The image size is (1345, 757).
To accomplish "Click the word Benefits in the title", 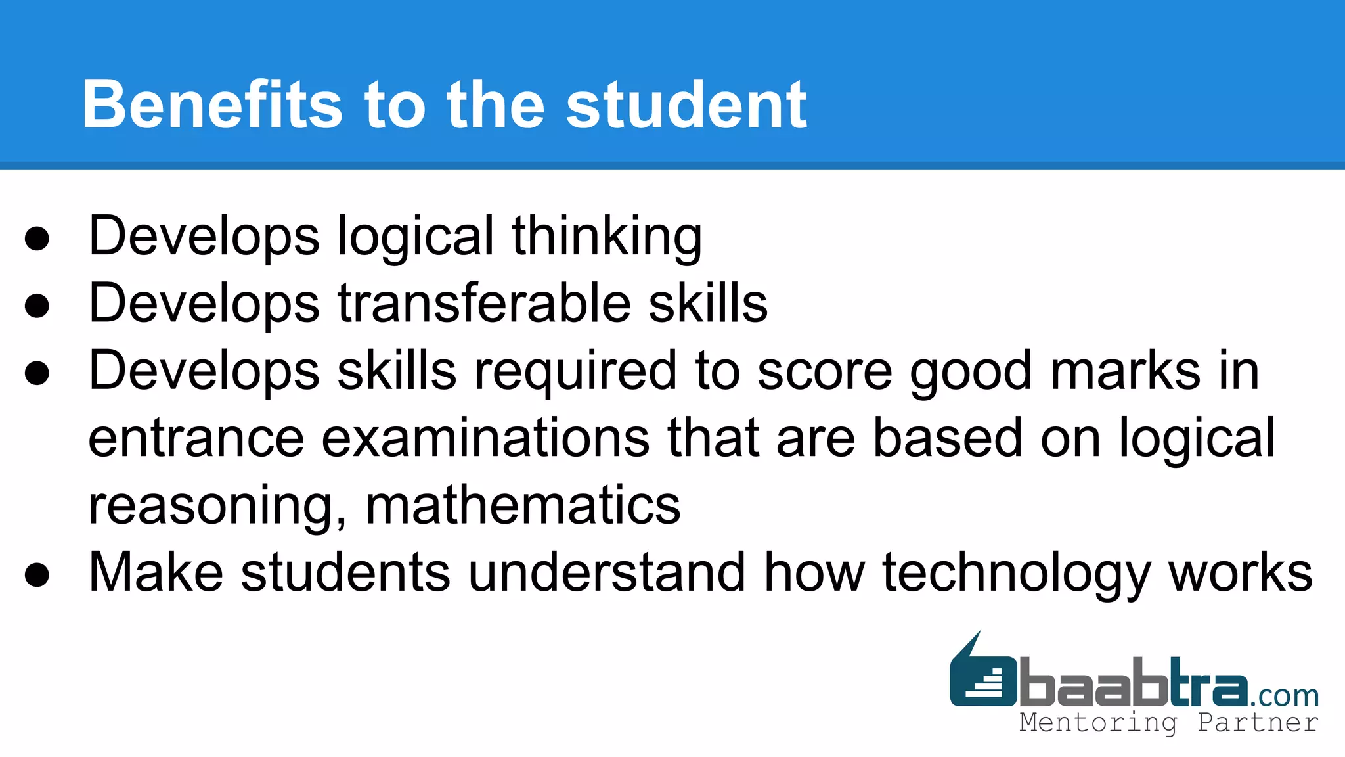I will tap(212, 104).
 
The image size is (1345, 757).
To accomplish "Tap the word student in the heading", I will tap(686, 104).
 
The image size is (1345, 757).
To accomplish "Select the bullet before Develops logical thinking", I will tap(37, 239).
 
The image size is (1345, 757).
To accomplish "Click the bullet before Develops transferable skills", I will tap(37, 306).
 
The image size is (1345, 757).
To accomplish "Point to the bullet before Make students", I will tap(37, 574).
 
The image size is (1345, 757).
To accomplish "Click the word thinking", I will tap(607, 237).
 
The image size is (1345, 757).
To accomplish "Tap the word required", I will tap(575, 371).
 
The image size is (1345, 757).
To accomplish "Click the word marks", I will tap(1126, 371).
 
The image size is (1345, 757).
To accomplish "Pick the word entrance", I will tap(196, 438).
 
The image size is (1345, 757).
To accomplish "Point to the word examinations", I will tap(485, 438).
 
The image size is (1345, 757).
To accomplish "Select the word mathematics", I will tap(523, 506).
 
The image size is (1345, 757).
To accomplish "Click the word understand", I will tap(606, 573).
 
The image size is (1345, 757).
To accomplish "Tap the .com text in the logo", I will tap(1284, 695).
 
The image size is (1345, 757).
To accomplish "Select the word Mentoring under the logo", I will tap(1098, 723).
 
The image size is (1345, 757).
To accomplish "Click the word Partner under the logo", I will tap(1258, 723).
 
